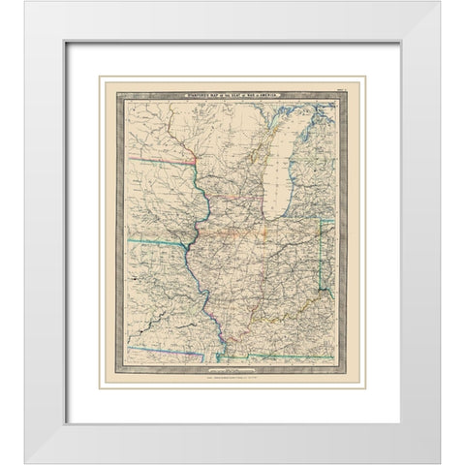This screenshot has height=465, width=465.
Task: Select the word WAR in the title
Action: click(250, 93)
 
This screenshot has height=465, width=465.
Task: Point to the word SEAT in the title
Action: click(229, 93)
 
